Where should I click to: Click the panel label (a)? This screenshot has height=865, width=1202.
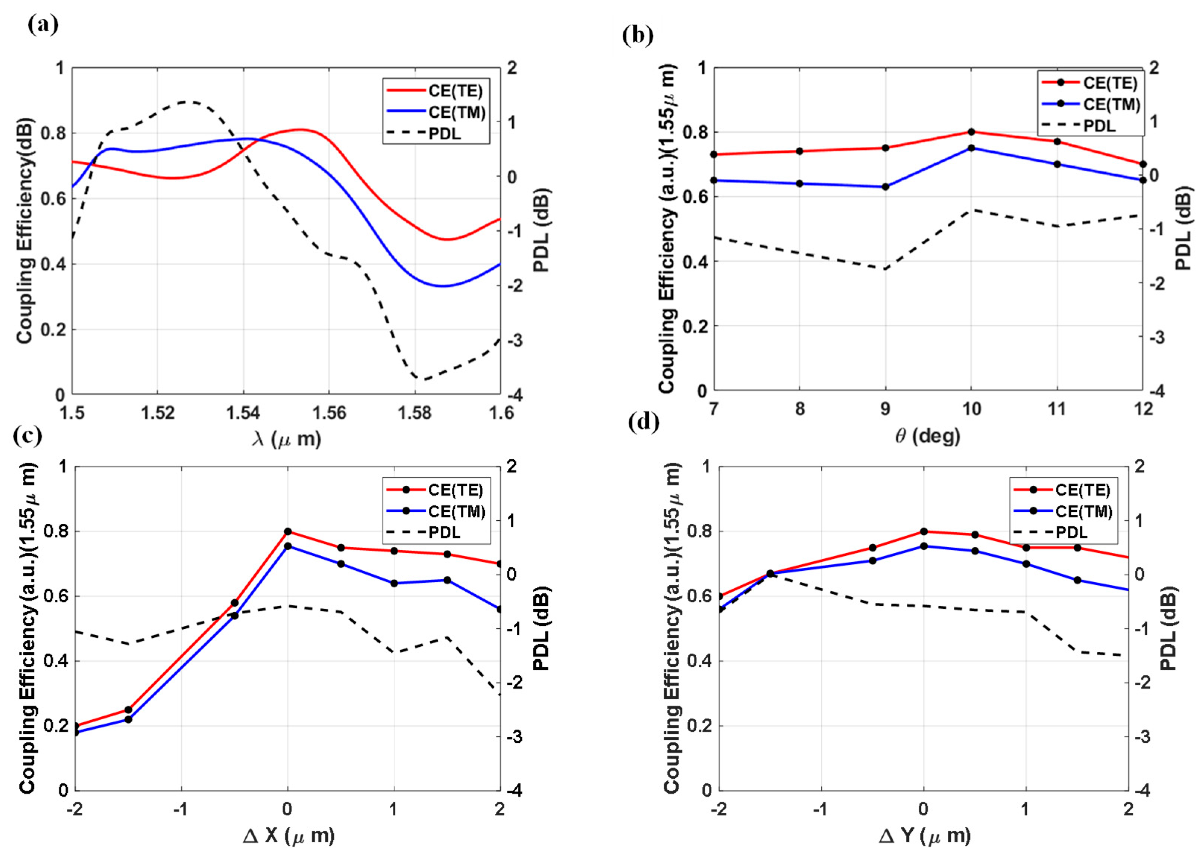pyautogui.click(x=43, y=25)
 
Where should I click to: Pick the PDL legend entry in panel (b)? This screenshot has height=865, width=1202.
pyautogui.click(x=1098, y=126)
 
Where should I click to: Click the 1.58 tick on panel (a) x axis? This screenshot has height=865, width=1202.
pyautogui.click(x=415, y=413)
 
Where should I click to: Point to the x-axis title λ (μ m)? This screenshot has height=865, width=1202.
pyautogui.click(x=286, y=439)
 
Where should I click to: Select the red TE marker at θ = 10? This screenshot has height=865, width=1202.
pyautogui.click(x=971, y=132)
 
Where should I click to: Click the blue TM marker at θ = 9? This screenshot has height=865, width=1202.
pyautogui.click(x=885, y=187)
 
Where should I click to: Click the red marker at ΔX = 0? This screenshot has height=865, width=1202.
pyautogui.click(x=287, y=531)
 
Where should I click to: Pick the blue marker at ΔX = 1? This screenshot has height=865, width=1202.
pyautogui.click(x=394, y=583)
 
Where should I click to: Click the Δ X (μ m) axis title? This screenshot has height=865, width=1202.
pyautogui.click(x=289, y=835)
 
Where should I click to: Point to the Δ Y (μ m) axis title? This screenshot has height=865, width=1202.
pyautogui.click(x=925, y=835)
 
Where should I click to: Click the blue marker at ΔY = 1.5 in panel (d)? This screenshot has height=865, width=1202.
pyautogui.click(x=1077, y=580)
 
